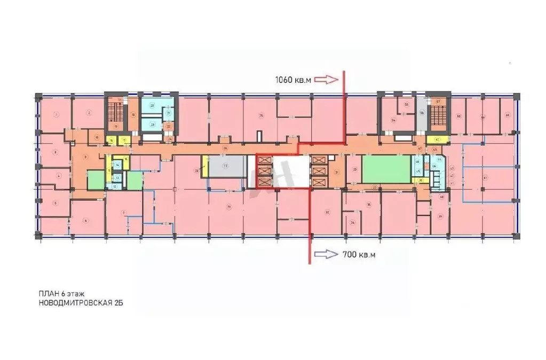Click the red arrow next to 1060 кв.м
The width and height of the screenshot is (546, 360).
(326, 80)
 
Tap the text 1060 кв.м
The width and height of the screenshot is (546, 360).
(292, 80)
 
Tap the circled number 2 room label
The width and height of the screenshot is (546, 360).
(89, 112)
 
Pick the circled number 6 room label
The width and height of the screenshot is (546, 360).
(85, 220)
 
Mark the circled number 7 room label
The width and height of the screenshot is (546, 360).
(124, 213)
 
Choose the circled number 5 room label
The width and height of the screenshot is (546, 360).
(55, 203)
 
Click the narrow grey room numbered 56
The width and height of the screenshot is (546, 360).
(422, 114)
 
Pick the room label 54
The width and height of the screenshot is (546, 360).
(394, 121)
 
